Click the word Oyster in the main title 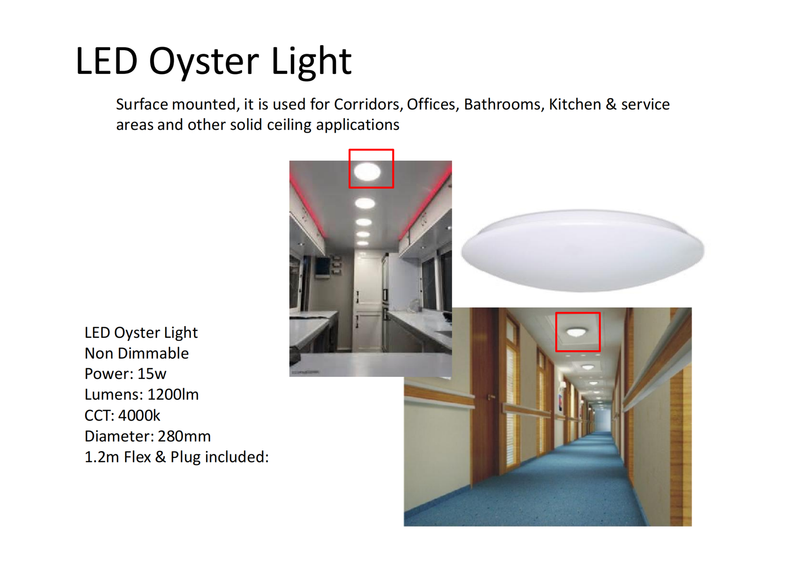(x=204, y=62)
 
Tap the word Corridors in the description (x=368, y=105)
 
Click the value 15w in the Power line (x=152, y=374)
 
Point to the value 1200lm (x=173, y=395)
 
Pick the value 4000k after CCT (x=139, y=416)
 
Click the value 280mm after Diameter (x=184, y=436)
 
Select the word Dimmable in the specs (x=153, y=353)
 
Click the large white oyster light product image (x=583, y=250)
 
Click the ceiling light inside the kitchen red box (x=367, y=172)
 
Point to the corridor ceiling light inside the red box (x=576, y=333)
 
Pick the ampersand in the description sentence (x=611, y=105)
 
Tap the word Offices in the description (x=433, y=105)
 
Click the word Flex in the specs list (x=137, y=457)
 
